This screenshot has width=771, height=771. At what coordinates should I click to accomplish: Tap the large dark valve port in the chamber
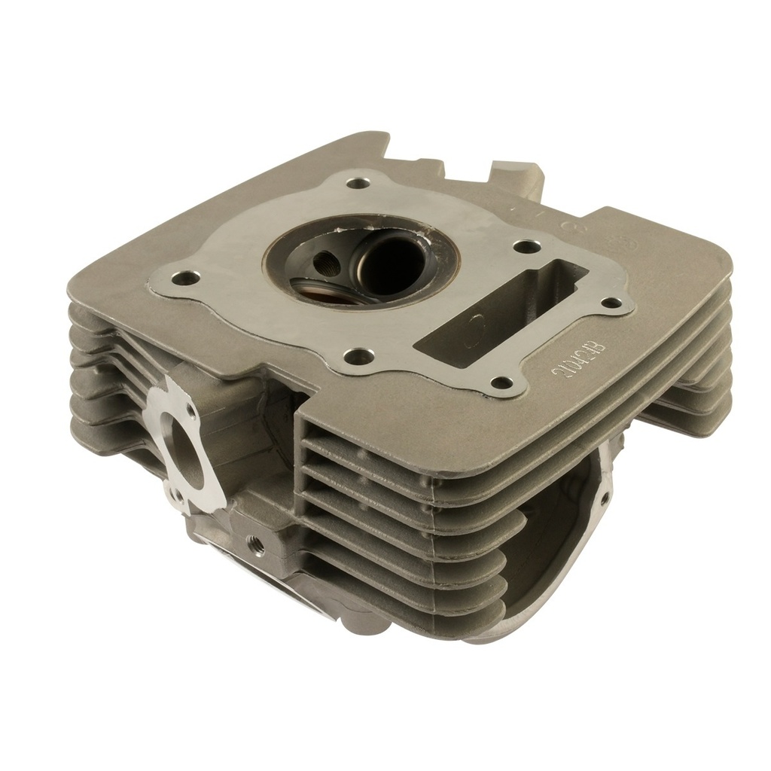tap(389, 264)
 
